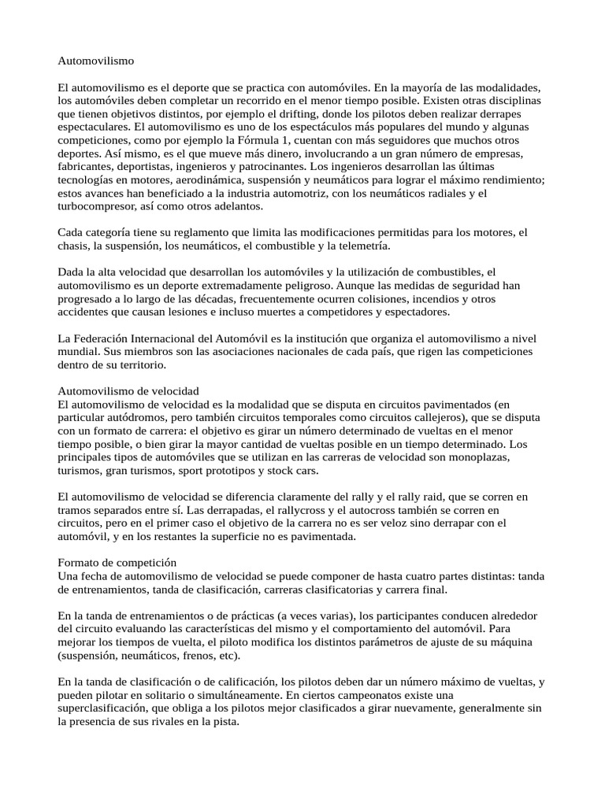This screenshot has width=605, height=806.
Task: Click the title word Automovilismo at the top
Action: [96, 60]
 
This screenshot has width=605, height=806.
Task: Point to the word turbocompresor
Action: [98, 206]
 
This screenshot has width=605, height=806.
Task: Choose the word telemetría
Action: [362, 246]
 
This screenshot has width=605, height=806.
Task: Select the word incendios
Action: [377, 299]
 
